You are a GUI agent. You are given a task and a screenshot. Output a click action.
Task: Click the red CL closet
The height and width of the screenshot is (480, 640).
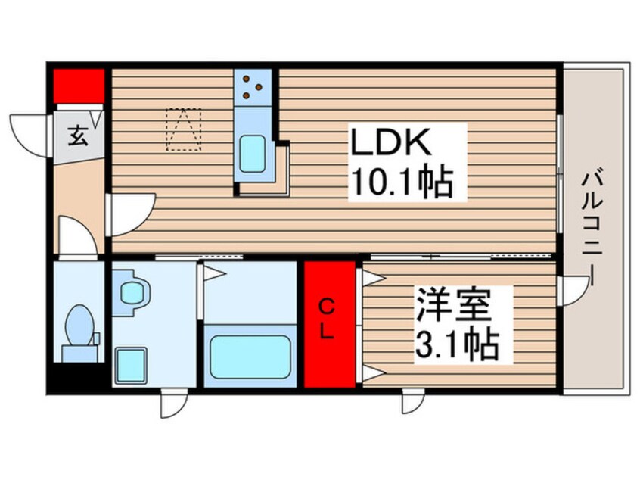coord(329,324)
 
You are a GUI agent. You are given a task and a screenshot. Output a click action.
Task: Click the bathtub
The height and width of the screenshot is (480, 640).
coord(250,357)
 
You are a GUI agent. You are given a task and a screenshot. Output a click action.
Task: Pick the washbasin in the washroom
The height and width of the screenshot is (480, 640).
coord(134,292)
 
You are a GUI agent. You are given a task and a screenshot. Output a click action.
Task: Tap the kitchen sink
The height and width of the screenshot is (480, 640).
coord(252,154)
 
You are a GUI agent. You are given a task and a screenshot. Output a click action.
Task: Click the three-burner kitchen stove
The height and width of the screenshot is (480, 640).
coord(252,88)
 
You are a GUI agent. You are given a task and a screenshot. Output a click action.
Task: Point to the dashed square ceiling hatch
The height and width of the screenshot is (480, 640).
coord(184,129)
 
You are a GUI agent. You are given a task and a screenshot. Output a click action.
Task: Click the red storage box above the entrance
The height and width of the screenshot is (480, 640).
coord(78,85)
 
